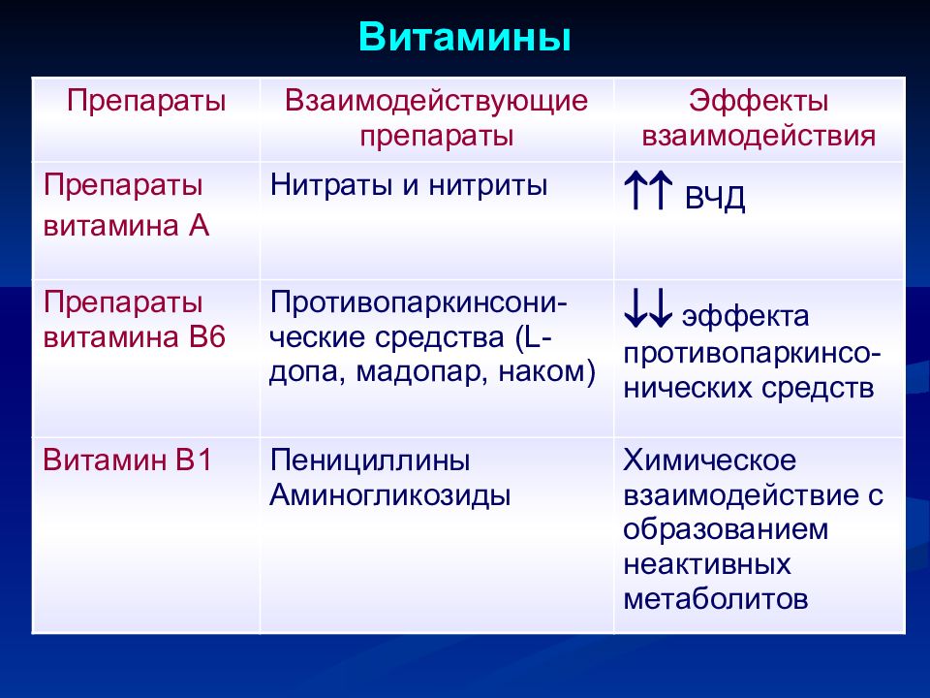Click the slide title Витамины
tap(464, 37)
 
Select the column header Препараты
tap(146, 101)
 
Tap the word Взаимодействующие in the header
tap(436, 101)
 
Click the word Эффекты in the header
tap(758, 100)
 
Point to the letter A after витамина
tap(200, 226)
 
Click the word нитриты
tap(487, 185)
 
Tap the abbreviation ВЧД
tap(715, 198)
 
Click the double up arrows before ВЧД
tap(648, 190)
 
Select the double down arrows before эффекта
tap(648, 308)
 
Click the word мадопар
tap(421, 372)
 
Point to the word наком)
tap(546, 372)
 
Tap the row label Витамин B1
tap(128, 460)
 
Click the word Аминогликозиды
tap(390, 494)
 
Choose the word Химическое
tap(709, 460)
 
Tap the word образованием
tap(726, 529)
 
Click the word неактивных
tap(707, 564)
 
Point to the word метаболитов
tap(716, 598)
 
